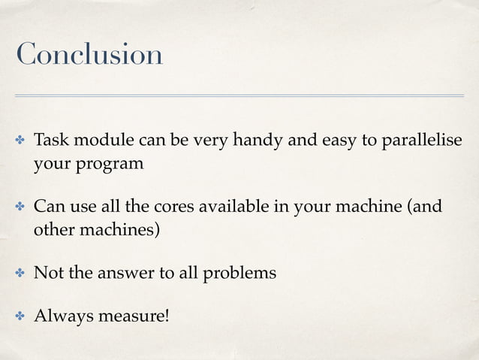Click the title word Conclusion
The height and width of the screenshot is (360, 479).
click(x=89, y=54)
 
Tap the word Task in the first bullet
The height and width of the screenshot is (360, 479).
click(x=50, y=141)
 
